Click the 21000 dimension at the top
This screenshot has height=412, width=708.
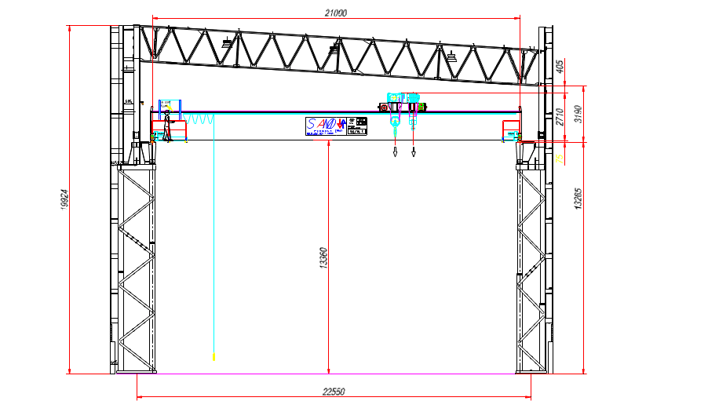(335, 12)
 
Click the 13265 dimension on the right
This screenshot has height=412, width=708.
(578, 199)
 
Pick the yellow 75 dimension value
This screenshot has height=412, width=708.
(560, 158)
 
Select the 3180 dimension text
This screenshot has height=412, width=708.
(578, 115)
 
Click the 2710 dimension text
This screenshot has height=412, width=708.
(560, 117)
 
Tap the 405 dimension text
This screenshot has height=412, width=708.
(560, 67)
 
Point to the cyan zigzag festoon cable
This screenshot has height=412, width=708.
(199, 119)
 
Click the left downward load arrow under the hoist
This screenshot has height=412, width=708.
(395, 151)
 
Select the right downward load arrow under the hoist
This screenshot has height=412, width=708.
(413, 151)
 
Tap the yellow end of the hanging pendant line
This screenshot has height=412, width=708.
(213, 357)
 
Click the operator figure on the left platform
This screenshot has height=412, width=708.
(167, 111)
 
